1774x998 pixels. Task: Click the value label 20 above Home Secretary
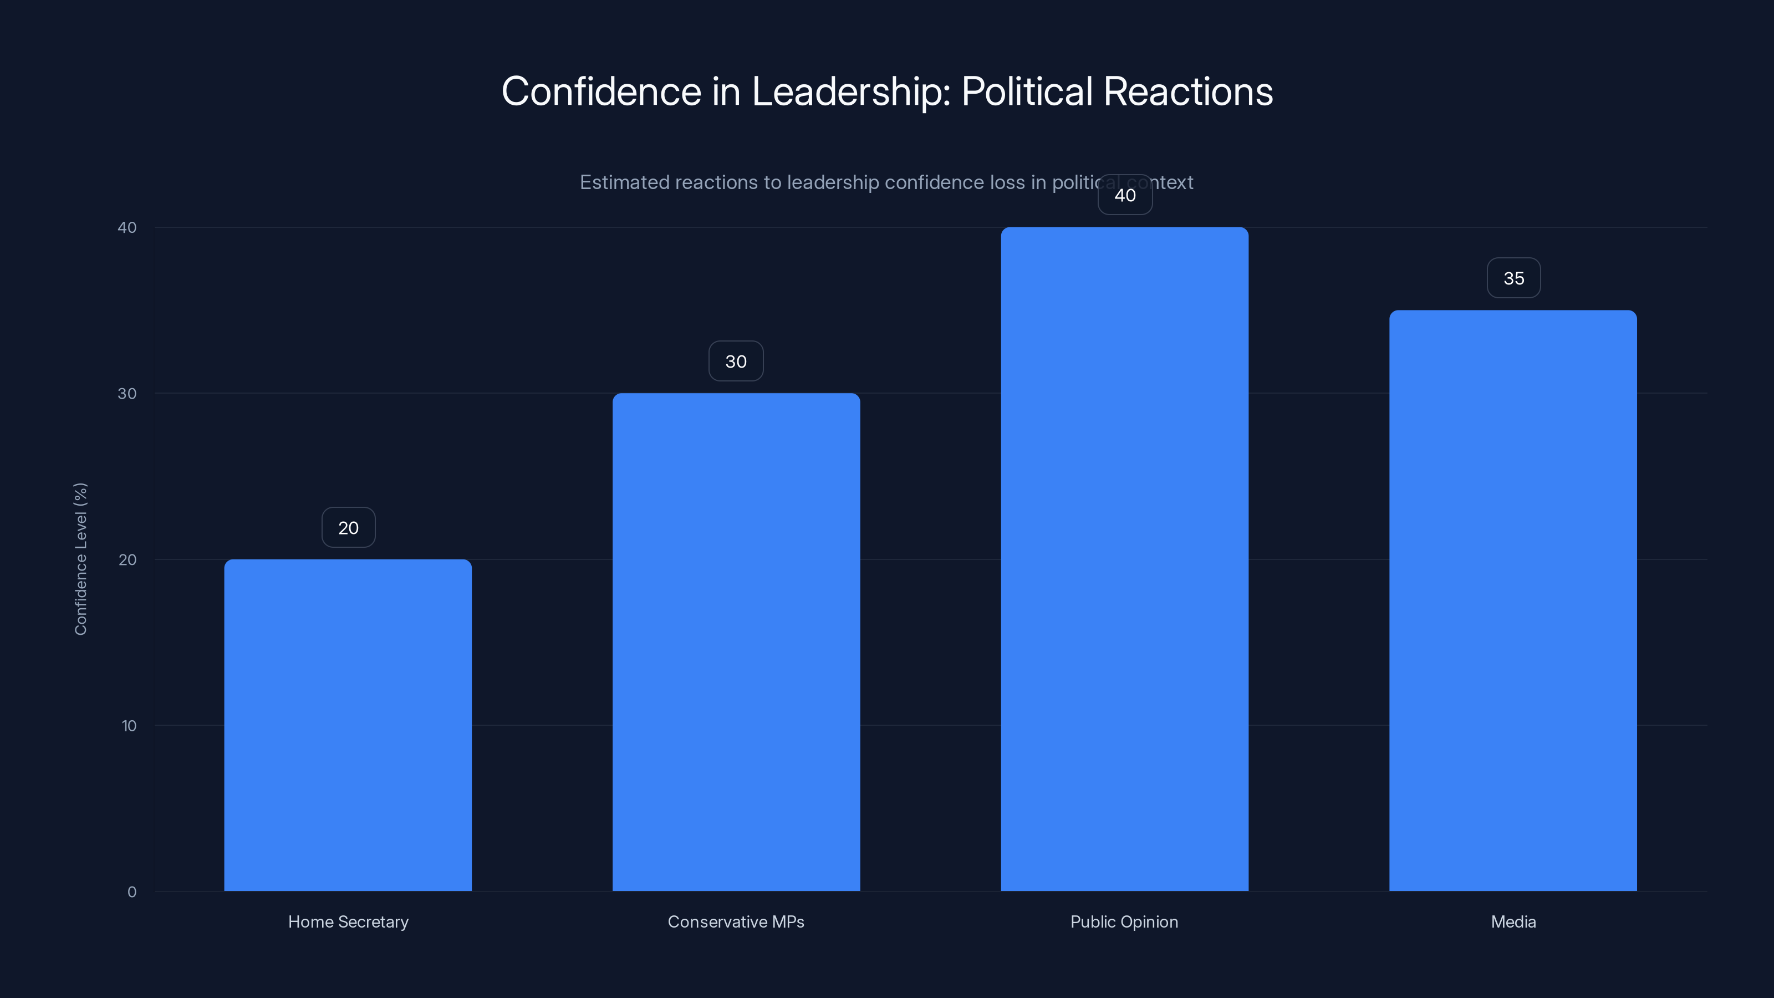[348, 528]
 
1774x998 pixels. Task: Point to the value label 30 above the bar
[736, 361]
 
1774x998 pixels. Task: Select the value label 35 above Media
[1513, 278]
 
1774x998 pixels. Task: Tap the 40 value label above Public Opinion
[1125, 195]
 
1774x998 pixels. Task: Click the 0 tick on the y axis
[131, 892]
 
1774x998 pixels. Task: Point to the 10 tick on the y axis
[129, 726]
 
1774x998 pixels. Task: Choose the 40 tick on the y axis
[127, 227]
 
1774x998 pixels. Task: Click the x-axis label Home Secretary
[348, 921]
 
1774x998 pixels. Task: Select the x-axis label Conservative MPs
[736, 921]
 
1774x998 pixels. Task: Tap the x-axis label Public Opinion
[1124, 921]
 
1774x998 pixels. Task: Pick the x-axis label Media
[1513, 921]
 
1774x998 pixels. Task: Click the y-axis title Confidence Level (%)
[80, 558]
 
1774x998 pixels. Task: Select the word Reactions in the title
[1188, 91]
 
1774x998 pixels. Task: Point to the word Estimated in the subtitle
[625, 182]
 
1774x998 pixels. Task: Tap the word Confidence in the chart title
[601, 91]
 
